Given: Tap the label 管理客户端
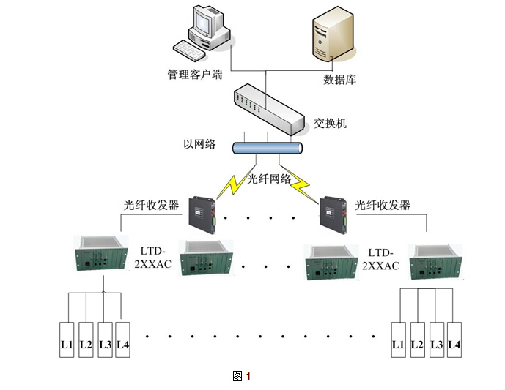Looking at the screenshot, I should (194, 75).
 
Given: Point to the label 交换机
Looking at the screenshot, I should (330, 122).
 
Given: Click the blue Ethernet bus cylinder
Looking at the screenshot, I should (267, 148).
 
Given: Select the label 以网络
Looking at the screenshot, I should (199, 143).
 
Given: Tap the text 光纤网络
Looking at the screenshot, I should (268, 179).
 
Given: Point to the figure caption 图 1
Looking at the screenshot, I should (241, 376).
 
